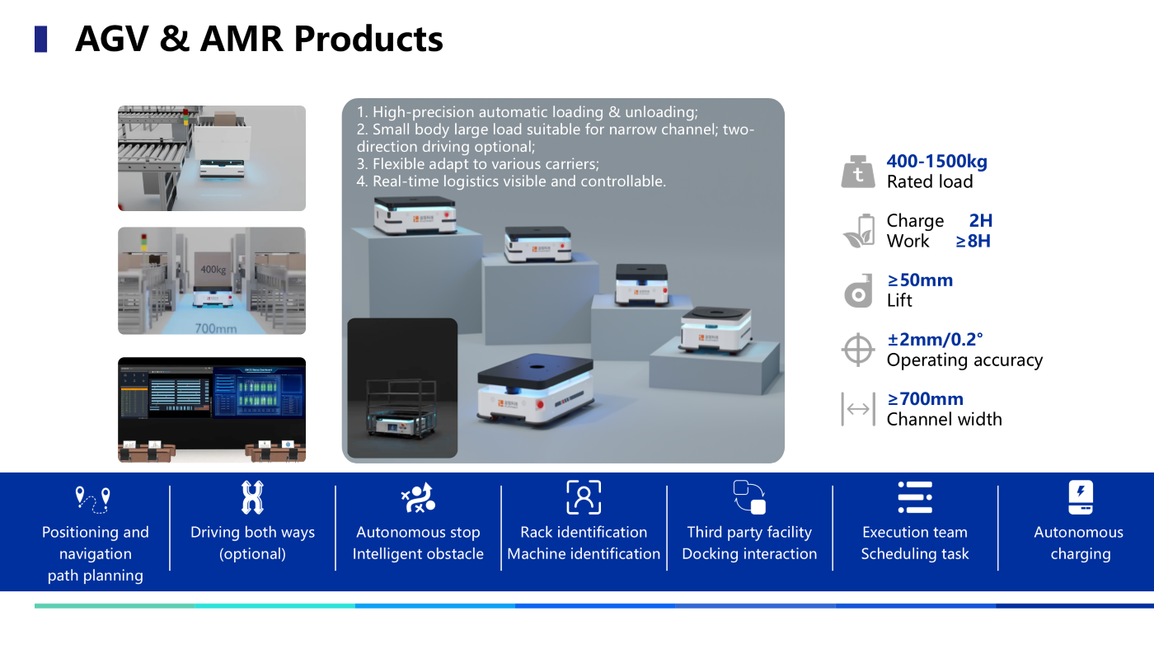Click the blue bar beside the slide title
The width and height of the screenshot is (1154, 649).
(40, 39)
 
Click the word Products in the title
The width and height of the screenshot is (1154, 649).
(368, 39)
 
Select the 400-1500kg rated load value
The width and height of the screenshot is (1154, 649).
(936, 162)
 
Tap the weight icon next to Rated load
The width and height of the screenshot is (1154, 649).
(858, 172)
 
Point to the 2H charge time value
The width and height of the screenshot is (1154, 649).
(980, 221)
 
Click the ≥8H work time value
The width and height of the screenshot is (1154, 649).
(973, 242)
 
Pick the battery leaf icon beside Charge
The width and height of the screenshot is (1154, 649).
(858, 231)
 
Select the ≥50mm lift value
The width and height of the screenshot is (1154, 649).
(920, 280)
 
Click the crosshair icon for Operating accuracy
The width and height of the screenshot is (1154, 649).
(857, 350)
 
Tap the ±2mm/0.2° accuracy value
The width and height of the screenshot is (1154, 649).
(935, 340)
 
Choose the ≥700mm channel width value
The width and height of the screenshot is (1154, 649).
(925, 399)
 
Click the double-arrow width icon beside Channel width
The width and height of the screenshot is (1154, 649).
(857, 409)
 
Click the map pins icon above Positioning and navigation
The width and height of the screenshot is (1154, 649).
(91, 499)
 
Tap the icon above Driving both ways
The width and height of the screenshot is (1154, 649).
(251, 497)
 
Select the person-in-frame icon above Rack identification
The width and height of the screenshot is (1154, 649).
(584, 497)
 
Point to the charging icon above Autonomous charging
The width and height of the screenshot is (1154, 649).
(1080, 497)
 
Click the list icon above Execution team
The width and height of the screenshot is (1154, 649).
(914, 497)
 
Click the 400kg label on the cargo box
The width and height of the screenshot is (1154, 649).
(213, 270)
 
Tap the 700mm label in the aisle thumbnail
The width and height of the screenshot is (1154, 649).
(215, 328)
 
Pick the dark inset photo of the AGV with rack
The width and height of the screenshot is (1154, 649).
(402, 388)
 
